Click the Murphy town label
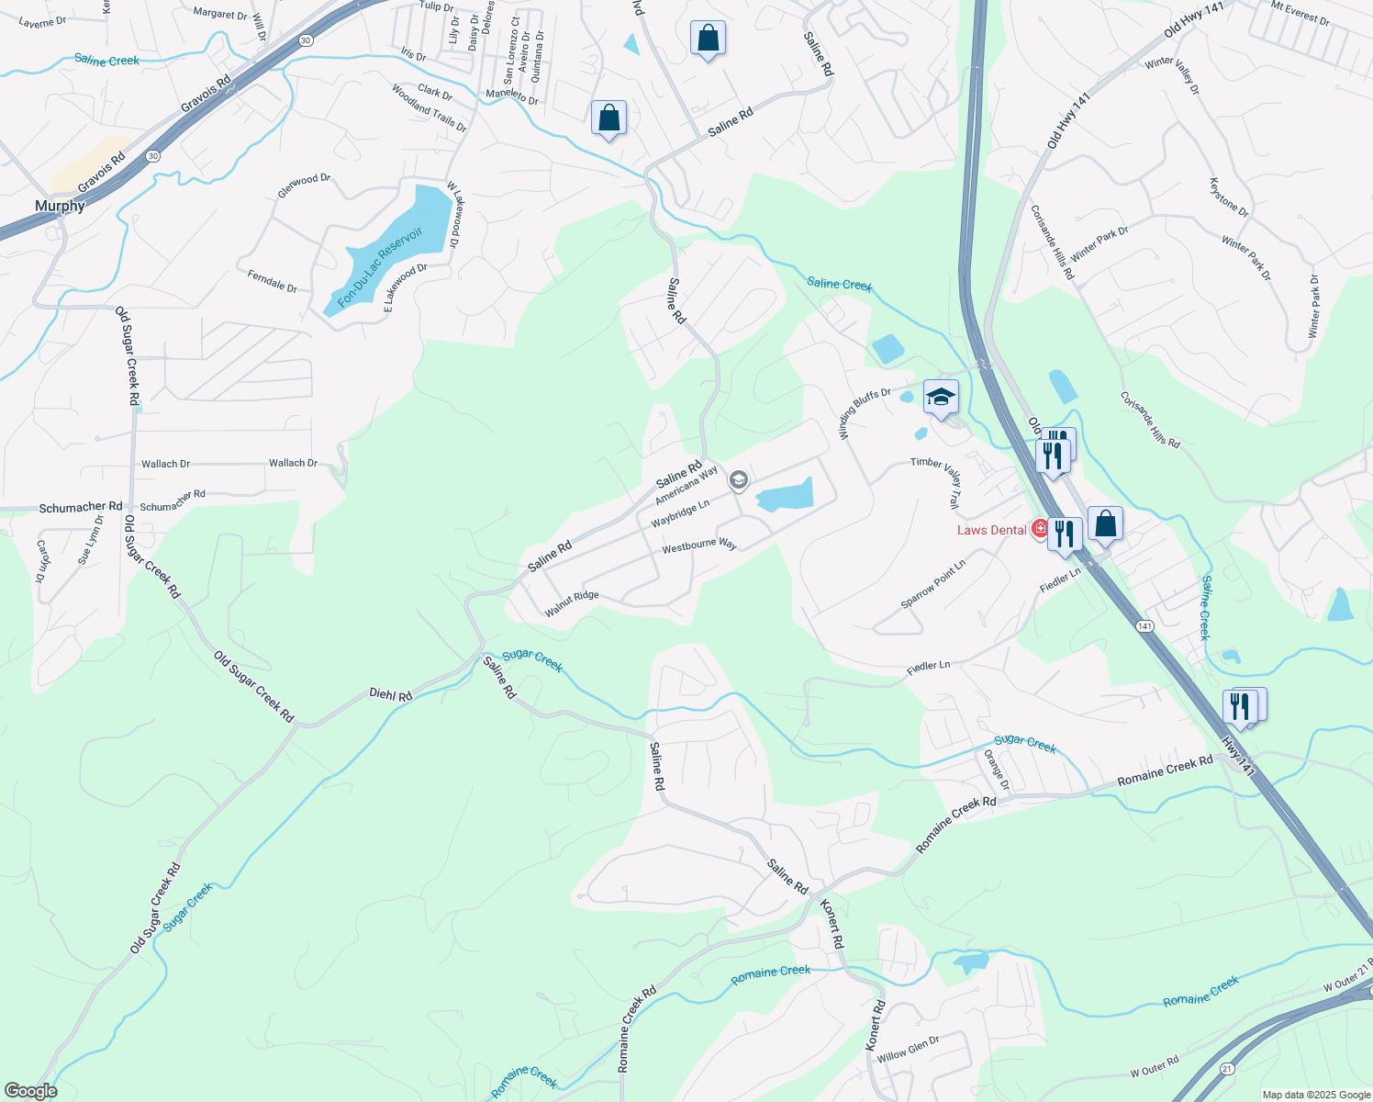pos(60,206)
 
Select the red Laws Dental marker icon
pos(1040,529)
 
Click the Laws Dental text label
pos(991,530)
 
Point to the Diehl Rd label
pos(391,695)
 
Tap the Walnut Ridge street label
pos(571,603)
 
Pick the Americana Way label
pos(686,486)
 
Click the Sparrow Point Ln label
pos(933,584)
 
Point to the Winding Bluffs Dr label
pos(864,413)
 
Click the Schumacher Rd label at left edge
pos(81,507)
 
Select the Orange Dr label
pos(997,770)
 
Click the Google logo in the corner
pos(30,1091)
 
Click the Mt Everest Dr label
pos(1300,13)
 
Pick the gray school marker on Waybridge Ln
pos(738,480)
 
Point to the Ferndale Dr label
pos(273,281)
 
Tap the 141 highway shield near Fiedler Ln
pos(1144,625)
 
